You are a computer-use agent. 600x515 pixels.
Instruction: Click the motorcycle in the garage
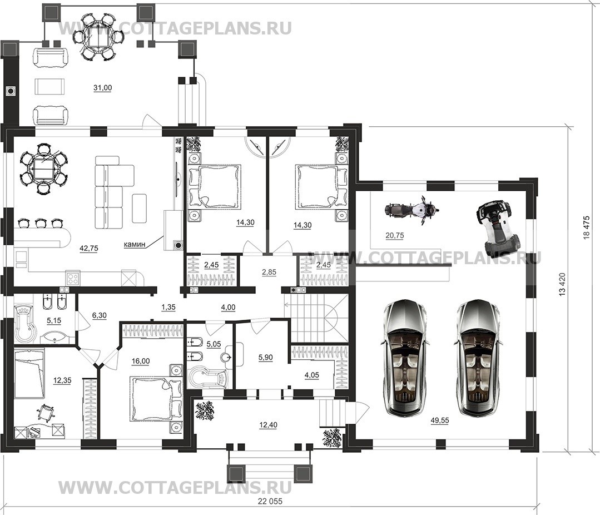(x=411, y=210)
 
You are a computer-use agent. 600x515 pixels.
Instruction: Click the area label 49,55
(x=440, y=420)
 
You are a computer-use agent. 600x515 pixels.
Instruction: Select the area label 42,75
(x=89, y=248)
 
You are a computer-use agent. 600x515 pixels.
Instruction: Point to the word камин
(x=134, y=244)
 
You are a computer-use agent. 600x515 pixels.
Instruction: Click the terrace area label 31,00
(x=102, y=88)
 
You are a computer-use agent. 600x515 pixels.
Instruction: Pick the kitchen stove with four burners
(x=73, y=278)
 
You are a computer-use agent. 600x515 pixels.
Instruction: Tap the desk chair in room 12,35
(x=46, y=413)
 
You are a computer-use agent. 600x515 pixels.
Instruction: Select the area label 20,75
(x=394, y=236)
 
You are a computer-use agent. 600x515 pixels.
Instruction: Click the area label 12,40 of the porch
(x=268, y=425)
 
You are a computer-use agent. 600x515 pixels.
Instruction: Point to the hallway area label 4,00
(x=229, y=307)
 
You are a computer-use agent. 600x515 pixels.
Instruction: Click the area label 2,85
(x=269, y=273)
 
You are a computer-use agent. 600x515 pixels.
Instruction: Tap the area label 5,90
(x=266, y=358)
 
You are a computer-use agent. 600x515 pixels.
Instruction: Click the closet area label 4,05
(x=312, y=375)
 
